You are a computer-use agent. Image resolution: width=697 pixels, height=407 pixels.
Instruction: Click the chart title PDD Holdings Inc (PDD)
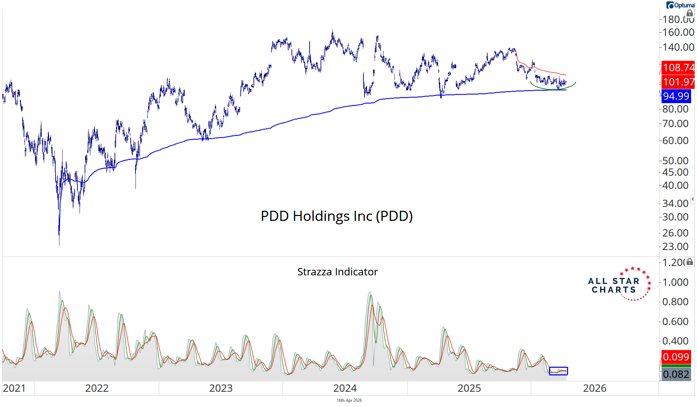pyautogui.click(x=337, y=216)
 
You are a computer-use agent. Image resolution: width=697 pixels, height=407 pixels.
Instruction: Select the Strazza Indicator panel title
pyautogui.click(x=337, y=272)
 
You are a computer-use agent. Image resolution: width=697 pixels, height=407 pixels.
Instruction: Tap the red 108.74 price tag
pyautogui.click(x=678, y=67)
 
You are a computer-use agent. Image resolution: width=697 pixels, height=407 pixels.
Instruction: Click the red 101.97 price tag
pyautogui.click(x=678, y=82)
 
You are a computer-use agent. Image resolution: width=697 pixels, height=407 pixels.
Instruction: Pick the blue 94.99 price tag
pyautogui.click(x=676, y=96)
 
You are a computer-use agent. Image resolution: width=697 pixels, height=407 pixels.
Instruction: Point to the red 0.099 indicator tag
pyautogui.click(x=676, y=357)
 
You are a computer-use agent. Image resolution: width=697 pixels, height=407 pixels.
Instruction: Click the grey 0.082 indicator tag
pyautogui.click(x=676, y=374)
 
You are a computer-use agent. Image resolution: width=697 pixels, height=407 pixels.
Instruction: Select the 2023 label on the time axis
pyautogui.click(x=221, y=388)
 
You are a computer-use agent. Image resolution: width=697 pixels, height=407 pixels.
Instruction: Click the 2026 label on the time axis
pyautogui.click(x=594, y=388)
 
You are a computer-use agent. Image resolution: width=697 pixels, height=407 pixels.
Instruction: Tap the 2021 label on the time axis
pyautogui.click(x=14, y=388)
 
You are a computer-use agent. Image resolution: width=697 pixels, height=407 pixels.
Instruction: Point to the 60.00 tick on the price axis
pyautogui.click(x=675, y=141)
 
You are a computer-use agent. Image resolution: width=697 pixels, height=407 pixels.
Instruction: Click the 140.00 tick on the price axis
pyautogui.click(x=678, y=47)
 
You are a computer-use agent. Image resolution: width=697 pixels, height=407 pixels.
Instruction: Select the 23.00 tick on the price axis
pyautogui.click(x=675, y=247)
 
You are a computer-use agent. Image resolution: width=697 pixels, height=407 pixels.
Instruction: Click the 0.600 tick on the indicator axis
pyautogui.click(x=675, y=322)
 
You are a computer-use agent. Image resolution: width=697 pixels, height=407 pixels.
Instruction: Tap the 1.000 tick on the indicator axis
pyautogui.click(x=675, y=282)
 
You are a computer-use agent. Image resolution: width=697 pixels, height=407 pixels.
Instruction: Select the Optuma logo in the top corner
pyautogui.click(x=680, y=5)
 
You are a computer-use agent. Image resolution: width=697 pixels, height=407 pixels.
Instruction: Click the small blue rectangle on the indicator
pyautogui.click(x=558, y=371)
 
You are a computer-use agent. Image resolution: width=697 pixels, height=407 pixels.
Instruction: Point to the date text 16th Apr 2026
pyautogui.click(x=349, y=400)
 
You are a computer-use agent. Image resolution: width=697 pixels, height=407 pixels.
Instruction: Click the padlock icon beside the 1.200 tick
pyautogui.click(x=690, y=262)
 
